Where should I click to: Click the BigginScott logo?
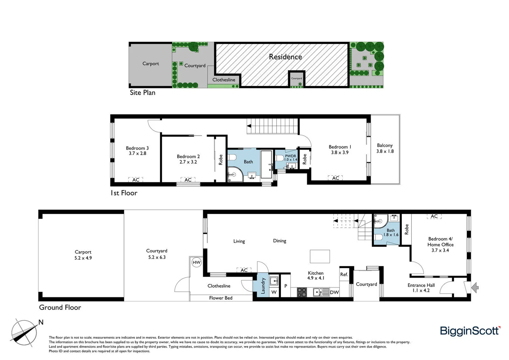point(470,331)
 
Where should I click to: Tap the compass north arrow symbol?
point(24,332)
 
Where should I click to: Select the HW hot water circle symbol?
point(197,262)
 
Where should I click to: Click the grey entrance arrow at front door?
point(475,287)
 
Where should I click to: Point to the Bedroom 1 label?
point(340,147)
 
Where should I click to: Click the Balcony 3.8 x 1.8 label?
point(385,148)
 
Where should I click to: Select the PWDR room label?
point(290,156)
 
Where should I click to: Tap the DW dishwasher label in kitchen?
point(334,292)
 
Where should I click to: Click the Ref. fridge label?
point(344,274)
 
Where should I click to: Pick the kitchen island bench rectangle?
point(320,256)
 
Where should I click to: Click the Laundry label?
point(263,286)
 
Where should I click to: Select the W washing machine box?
point(274,292)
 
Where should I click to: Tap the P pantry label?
point(285,286)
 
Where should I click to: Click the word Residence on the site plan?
point(285,57)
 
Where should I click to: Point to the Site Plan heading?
point(143,93)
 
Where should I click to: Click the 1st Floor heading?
point(124,193)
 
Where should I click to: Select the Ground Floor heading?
point(60,307)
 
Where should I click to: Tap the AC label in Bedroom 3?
point(136,180)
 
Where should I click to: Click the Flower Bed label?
point(221,298)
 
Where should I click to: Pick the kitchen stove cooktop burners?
point(301,292)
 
